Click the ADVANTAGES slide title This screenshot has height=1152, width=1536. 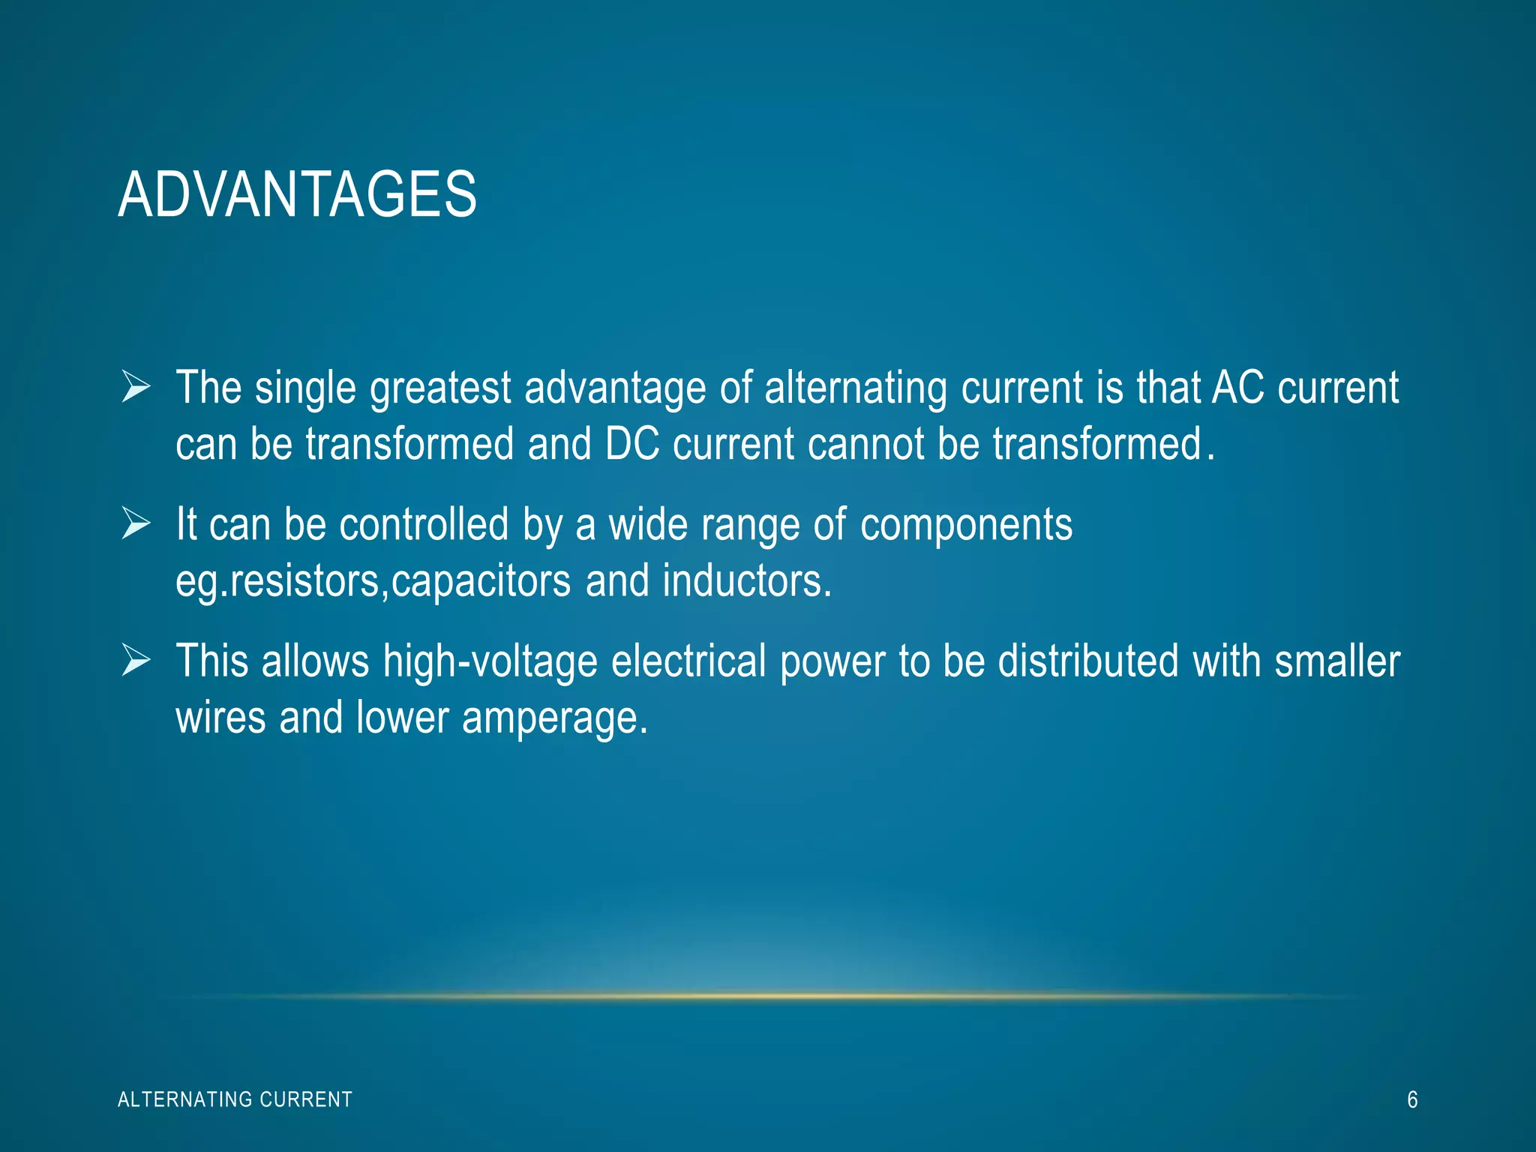(297, 194)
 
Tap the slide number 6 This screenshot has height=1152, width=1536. (1411, 1099)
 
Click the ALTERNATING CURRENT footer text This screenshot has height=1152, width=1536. (235, 1099)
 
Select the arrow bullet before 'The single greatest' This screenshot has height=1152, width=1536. (136, 388)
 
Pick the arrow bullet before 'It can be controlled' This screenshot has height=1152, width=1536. (136, 523)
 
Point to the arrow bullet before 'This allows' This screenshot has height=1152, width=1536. (136, 661)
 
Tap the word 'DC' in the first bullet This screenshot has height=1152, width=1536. (631, 444)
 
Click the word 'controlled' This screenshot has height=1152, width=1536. (424, 523)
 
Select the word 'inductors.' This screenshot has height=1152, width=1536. (747, 581)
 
